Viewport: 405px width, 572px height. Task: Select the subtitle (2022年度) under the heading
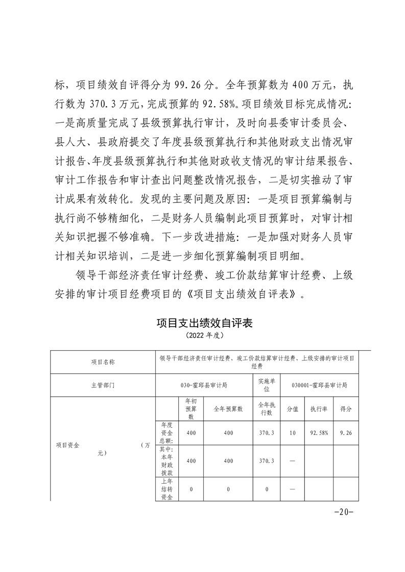(x=205, y=336)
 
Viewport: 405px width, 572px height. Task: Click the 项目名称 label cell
(x=103, y=362)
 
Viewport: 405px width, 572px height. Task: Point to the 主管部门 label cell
(x=103, y=386)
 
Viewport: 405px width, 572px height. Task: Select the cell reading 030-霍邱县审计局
(x=204, y=386)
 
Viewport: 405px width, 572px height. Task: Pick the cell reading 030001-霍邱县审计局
(x=321, y=386)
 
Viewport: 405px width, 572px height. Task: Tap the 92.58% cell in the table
(x=319, y=433)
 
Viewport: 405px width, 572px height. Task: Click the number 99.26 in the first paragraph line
(x=192, y=85)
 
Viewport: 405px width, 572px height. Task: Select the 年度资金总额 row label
(x=166, y=433)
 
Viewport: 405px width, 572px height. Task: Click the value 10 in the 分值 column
(x=292, y=433)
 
